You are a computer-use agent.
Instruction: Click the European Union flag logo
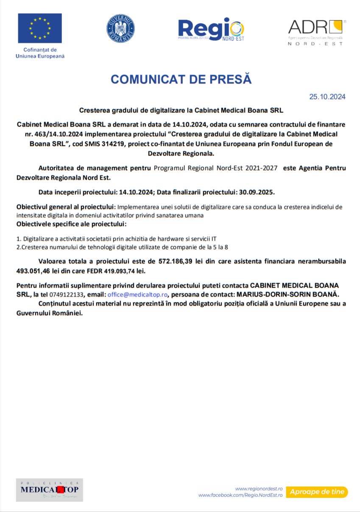pos(40,28)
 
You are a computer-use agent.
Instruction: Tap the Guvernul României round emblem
pos(120,28)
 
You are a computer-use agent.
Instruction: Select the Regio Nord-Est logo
pos(211,29)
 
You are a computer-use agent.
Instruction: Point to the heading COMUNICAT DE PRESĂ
pos(181,79)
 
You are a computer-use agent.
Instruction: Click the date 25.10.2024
pos(327,97)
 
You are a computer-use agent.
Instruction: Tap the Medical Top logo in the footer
pos(50,490)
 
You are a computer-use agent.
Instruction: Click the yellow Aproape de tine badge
pos(317,492)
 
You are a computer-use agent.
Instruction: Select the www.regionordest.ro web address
pos(259,489)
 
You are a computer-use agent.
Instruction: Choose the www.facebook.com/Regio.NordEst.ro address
pos(240,495)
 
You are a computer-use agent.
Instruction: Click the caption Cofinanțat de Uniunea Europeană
pos(40,53)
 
